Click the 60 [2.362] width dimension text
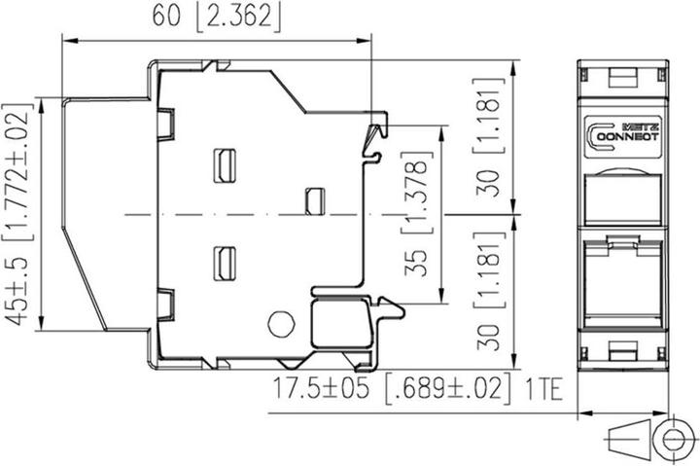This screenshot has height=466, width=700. pyautogui.click(x=217, y=17)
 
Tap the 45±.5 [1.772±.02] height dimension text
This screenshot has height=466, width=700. pyautogui.click(x=17, y=214)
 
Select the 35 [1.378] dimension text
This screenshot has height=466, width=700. pyautogui.click(x=416, y=214)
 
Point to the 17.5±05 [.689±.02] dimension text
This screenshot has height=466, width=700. pyautogui.click(x=392, y=388)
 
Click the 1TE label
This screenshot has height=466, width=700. pyautogui.click(x=543, y=389)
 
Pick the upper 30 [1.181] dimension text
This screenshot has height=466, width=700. pyautogui.click(x=488, y=137)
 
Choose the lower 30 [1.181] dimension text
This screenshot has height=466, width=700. pyautogui.click(x=488, y=291)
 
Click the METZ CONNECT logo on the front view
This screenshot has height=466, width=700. pyautogui.click(x=623, y=136)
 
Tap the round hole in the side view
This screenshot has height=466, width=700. pyautogui.click(x=281, y=324)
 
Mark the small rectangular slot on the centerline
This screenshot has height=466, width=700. pyautogui.click(x=315, y=201)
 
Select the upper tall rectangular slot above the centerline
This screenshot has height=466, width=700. pyautogui.click(x=225, y=165)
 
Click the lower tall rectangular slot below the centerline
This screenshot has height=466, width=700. pyautogui.click(x=225, y=264)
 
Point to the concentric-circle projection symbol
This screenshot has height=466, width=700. pyautogui.click(x=671, y=439)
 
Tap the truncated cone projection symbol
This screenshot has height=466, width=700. pyautogui.click(x=628, y=439)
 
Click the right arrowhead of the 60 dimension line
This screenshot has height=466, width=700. pyautogui.click(x=365, y=41)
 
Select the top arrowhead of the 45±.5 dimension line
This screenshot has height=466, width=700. pyautogui.click(x=41, y=105)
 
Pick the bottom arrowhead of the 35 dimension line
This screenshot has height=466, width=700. pyautogui.click(x=441, y=296)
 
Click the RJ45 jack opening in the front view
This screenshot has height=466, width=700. pyautogui.click(x=623, y=280)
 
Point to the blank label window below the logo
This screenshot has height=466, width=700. pyautogui.click(x=623, y=199)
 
